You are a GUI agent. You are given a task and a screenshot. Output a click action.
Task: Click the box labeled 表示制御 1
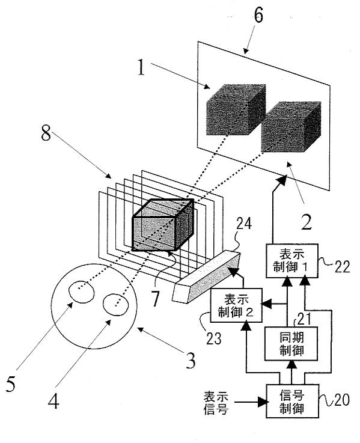(x=292, y=260)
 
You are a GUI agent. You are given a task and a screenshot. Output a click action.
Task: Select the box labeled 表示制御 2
(x=236, y=305)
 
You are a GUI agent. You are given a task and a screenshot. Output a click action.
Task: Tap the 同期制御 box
(x=291, y=344)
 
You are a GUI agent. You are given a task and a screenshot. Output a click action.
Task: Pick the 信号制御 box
(x=292, y=401)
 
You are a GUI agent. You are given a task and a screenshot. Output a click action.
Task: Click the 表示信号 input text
(x=216, y=403)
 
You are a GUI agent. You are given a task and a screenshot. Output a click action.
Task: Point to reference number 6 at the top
(x=258, y=15)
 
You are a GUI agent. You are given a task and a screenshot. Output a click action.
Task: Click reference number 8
(x=46, y=133)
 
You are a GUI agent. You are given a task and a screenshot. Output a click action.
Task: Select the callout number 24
(x=244, y=224)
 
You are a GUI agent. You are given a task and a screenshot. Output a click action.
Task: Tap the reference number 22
(x=343, y=266)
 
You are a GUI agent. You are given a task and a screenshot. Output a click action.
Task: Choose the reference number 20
(x=342, y=400)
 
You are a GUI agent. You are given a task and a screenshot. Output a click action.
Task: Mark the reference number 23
(x=213, y=338)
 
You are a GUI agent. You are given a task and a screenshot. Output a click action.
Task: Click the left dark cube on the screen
(x=236, y=109)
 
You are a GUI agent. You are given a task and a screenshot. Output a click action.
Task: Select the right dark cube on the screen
(x=291, y=127)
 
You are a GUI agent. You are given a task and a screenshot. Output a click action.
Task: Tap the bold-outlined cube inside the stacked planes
(x=163, y=225)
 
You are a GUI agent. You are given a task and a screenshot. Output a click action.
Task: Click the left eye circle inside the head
(x=82, y=292)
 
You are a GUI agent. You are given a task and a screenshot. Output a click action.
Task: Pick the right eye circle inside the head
(x=115, y=305)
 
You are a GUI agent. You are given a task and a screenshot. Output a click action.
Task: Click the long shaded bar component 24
(x=206, y=277)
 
